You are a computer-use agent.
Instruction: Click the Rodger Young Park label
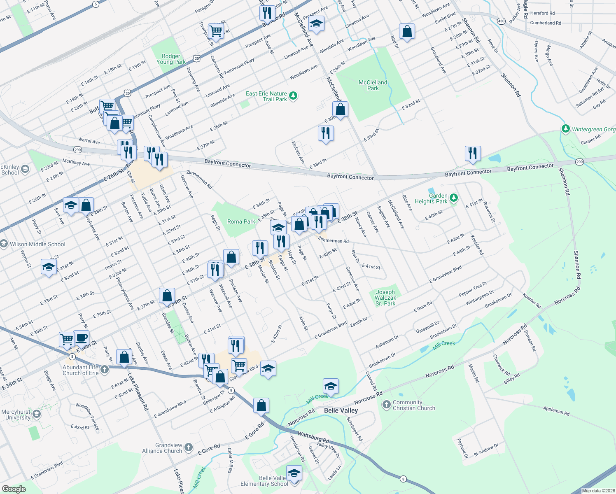[x=171, y=59]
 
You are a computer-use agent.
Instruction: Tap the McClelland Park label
[x=373, y=85]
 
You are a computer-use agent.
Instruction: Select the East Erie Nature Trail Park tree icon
[x=293, y=96]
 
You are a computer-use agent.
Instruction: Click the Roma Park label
[x=241, y=221]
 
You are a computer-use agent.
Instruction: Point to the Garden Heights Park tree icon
[x=453, y=198]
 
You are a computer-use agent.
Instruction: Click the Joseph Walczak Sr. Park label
[x=385, y=298]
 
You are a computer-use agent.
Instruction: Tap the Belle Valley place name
[x=341, y=410]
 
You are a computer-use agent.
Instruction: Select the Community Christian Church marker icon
[x=386, y=405]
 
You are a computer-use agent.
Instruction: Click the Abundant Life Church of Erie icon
[x=105, y=369]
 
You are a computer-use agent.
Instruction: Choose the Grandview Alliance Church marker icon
[x=188, y=447]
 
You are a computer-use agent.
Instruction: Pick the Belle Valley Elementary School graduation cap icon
[x=294, y=473]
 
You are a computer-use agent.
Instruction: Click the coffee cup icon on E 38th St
[x=81, y=338]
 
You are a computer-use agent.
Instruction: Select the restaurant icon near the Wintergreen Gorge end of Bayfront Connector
[x=473, y=153]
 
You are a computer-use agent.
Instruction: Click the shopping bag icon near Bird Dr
[x=406, y=31]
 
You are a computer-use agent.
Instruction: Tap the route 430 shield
[x=501, y=21]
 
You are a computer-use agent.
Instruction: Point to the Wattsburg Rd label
[x=313, y=437]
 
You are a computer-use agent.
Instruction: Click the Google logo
[x=14, y=489]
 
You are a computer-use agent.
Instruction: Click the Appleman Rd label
[x=556, y=410]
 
